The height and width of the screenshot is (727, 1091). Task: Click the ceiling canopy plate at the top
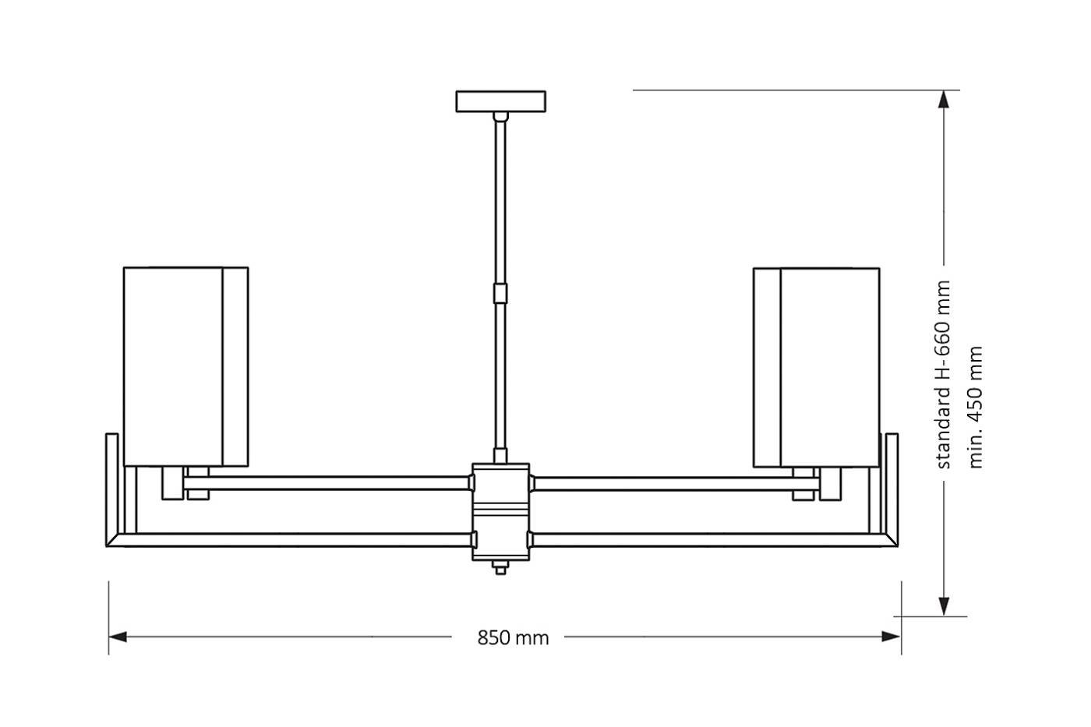tap(500, 101)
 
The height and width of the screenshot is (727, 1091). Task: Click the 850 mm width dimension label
tap(513, 638)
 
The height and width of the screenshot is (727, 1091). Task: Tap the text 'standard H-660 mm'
tap(944, 374)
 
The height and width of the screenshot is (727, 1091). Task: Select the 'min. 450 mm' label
tap(976, 407)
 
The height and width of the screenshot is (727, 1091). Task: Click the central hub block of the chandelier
tap(500, 510)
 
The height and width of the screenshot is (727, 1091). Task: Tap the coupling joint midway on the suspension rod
tap(500, 294)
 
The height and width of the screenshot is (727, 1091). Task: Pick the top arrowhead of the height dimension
tap(944, 101)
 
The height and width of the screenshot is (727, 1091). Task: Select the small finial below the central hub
tap(500, 568)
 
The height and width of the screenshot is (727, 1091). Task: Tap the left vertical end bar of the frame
tap(112, 487)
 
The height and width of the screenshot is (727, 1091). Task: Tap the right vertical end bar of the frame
tap(892, 487)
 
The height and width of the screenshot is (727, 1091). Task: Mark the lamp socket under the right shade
tap(831, 483)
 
